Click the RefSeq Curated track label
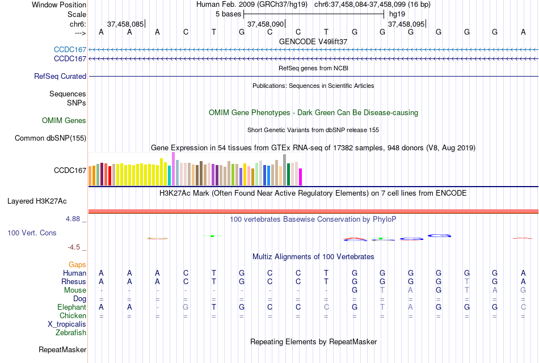(60, 76)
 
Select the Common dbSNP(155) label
(50, 138)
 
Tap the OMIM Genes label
(64, 120)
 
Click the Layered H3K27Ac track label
(37, 201)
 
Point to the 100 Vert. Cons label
(32, 233)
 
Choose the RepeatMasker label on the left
(62, 349)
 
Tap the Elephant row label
(71, 307)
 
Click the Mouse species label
(75, 290)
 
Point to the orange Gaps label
(77, 264)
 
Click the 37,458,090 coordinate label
(266, 24)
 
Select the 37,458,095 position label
(406, 24)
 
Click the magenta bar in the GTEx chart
(300, 177)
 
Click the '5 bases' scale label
(228, 14)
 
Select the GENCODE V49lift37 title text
(313, 41)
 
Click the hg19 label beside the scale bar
(397, 14)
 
